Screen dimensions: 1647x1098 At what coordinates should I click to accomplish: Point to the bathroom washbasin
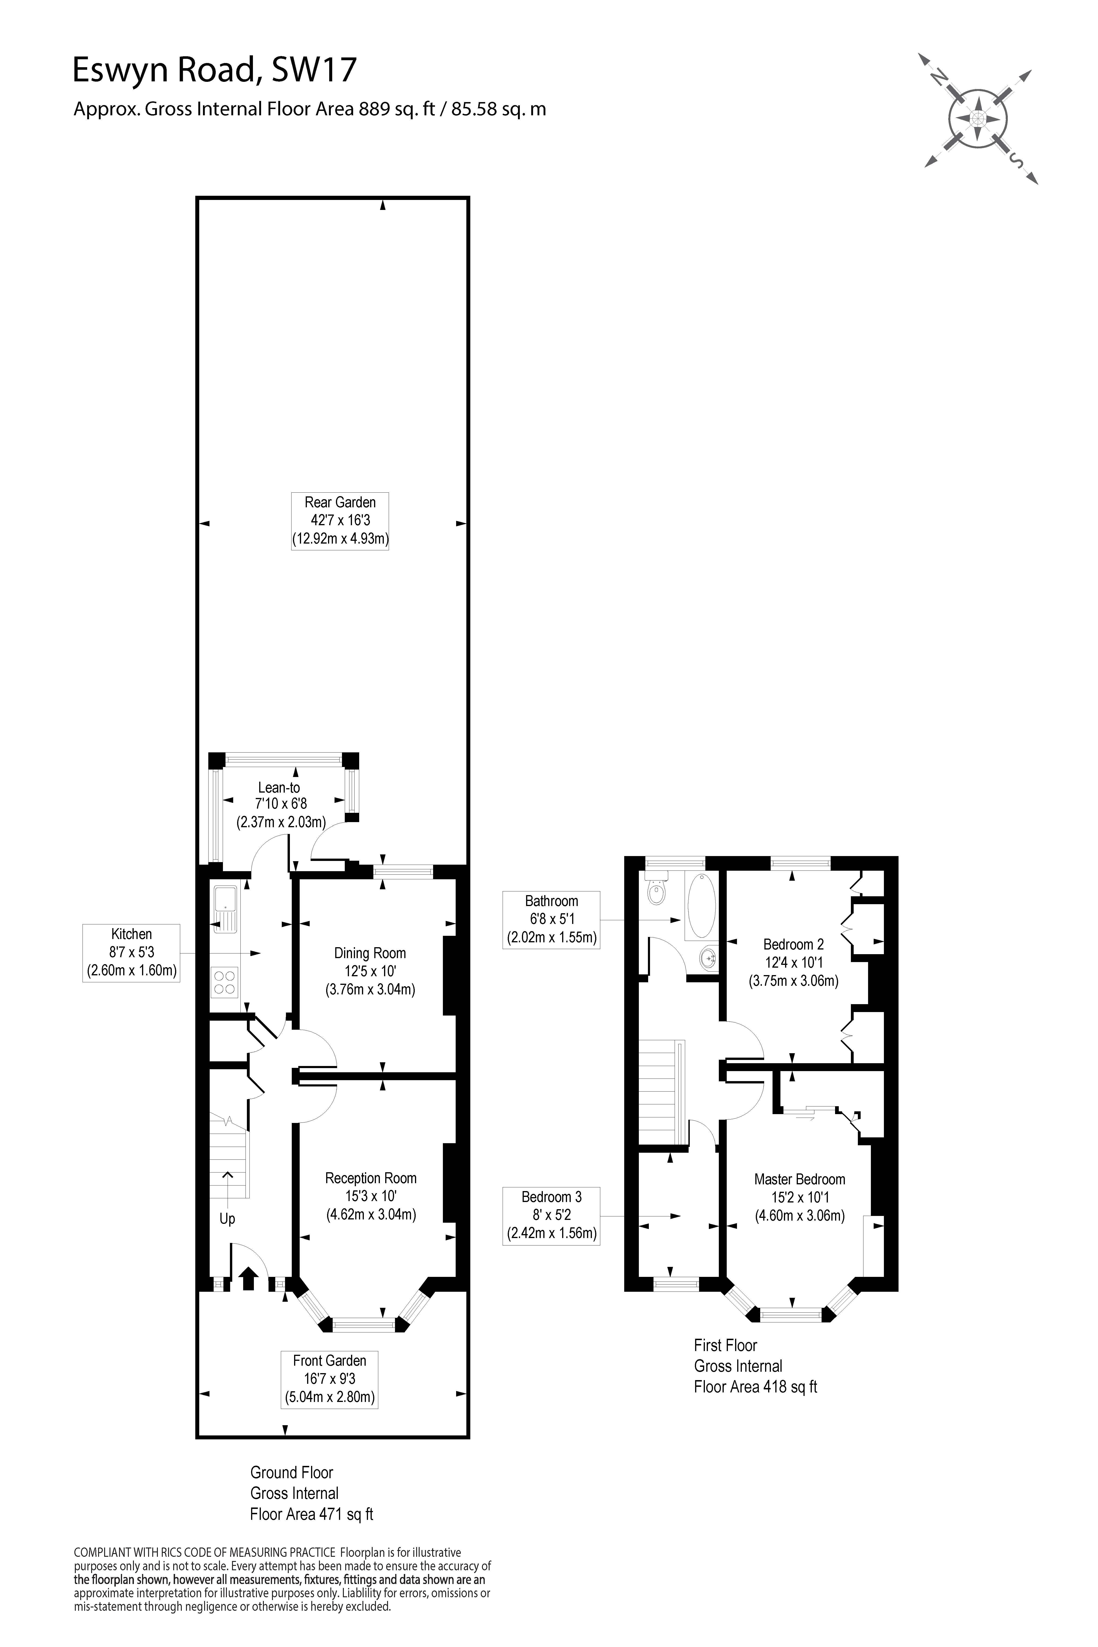click(x=708, y=957)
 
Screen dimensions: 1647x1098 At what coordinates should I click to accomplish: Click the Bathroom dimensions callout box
click(x=551, y=920)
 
